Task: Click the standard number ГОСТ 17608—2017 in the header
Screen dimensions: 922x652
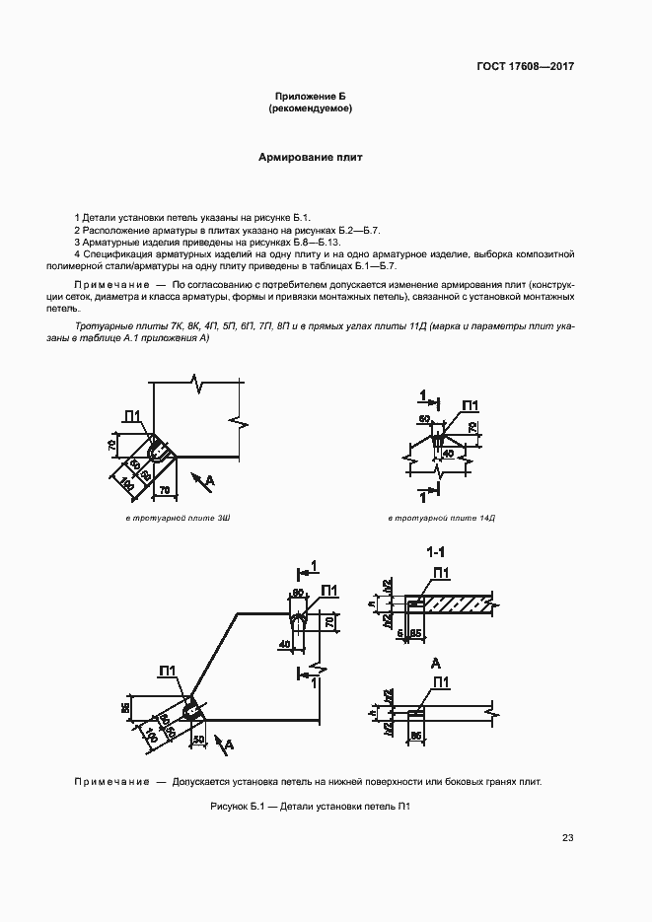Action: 527,67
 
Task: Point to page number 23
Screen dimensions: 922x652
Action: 567,838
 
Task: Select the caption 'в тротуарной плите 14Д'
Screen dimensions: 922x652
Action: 441,518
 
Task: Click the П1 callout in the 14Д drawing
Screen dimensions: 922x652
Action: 470,406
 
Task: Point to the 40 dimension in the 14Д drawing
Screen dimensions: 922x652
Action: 447,454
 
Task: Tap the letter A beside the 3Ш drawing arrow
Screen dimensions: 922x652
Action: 210,479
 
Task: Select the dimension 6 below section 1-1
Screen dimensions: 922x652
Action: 401,632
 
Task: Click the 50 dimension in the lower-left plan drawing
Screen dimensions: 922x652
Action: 198,738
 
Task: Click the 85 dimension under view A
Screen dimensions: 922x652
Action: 417,736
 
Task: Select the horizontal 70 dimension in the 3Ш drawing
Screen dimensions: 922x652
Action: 164,488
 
